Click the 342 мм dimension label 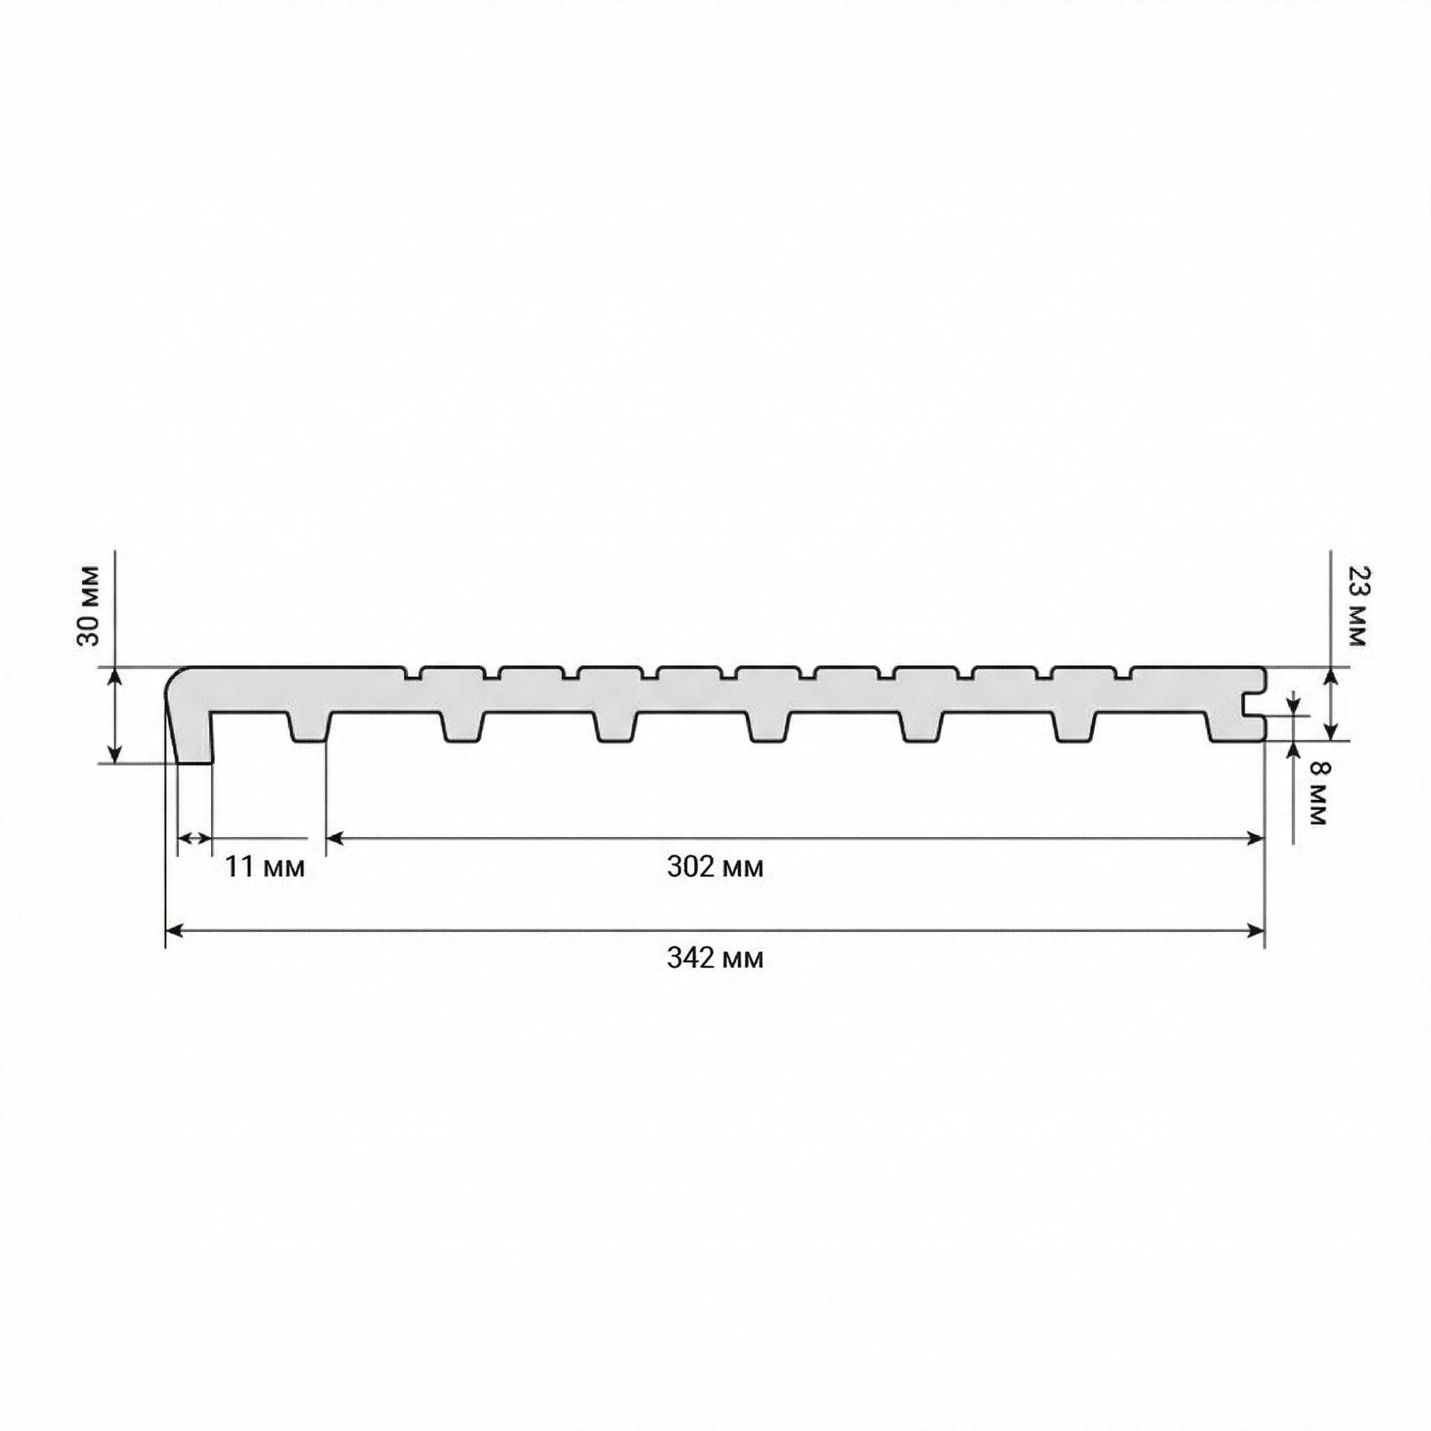(x=715, y=958)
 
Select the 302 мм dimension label (x=715, y=866)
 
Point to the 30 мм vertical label (x=88, y=606)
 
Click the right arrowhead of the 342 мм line (x=1256, y=931)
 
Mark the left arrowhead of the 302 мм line (x=335, y=838)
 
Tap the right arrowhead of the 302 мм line (x=1256, y=838)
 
